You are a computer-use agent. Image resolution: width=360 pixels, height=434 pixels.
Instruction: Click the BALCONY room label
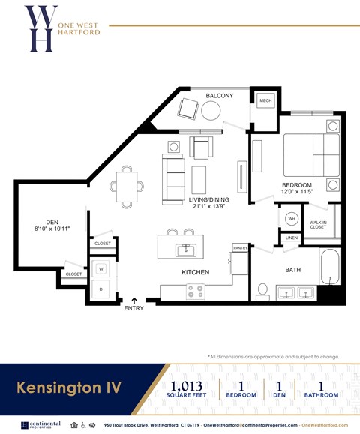pyautogui.click(x=220, y=96)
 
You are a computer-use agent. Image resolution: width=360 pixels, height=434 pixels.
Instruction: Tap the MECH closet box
pyautogui.click(x=265, y=101)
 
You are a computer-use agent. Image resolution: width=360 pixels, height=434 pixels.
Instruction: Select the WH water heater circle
pyautogui.click(x=292, y=219)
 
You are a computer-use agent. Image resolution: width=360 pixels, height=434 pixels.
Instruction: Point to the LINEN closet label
pyautogui.click(x=292, y=238)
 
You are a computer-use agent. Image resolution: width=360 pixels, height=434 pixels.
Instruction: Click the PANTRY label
pyautogui.click(x=240, y=247)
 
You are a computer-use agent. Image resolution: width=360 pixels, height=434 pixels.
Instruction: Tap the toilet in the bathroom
pyautogui.click(x=263, y=289)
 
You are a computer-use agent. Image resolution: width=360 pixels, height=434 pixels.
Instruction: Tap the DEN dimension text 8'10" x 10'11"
pyautogui.click(x=52, y=228)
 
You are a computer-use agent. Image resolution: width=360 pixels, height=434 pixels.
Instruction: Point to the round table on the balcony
pyautogui.click(x=211, y=111)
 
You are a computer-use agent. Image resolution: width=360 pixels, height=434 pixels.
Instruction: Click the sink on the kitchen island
pyautogui.click(x=184, y=249)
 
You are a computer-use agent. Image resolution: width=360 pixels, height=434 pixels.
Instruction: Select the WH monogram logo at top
pyautogui.click(x=39, y=28)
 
